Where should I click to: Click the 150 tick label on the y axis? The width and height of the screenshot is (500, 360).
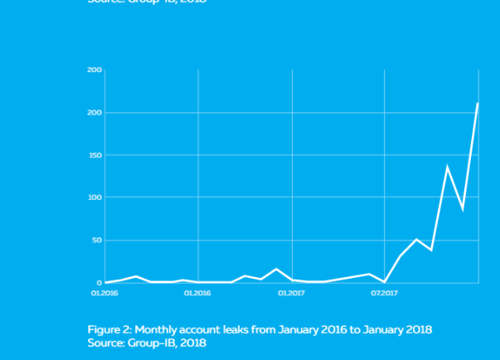[x=95, y=155]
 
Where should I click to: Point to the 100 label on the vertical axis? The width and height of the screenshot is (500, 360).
[x=95, y=197]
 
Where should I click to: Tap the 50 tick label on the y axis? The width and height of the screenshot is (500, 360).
[x=96, y=241]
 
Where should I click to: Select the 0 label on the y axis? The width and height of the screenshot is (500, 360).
[x=99, y=283]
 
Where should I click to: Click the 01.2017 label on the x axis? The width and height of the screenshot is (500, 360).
[x=289, y=292]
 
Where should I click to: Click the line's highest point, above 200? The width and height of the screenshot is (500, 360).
[x=478, y=103]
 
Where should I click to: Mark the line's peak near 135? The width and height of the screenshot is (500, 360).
[x=447, y=167]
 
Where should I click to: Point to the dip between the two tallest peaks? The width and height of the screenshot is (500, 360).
[x=463, y=209]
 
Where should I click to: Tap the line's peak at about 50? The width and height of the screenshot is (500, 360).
[x=416, y=239]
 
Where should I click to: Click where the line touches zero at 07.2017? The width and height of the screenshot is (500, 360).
[x=385, y=282]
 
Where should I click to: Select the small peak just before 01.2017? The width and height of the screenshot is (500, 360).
[x=276, y=269]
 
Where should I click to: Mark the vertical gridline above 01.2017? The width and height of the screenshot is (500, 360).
[x=292, y=166]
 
